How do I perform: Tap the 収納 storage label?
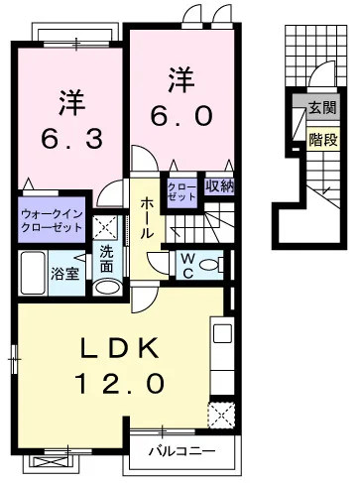pyautogui.click(x=220, y=185)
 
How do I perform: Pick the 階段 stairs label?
pyautogui.click(x=320, y=140)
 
